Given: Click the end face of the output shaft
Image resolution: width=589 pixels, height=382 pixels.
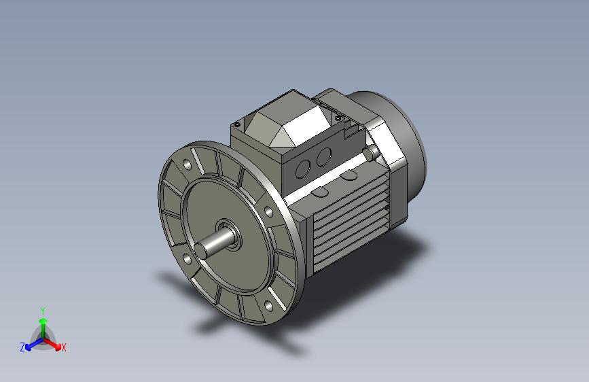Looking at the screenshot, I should [201, 251].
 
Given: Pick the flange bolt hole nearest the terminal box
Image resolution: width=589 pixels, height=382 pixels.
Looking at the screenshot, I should [270, 211].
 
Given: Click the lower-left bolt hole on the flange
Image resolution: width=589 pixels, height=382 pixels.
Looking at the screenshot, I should [186, 259].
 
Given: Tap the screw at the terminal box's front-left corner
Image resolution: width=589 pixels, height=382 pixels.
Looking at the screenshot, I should [237, 124].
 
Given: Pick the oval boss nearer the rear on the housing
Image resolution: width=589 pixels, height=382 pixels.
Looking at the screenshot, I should [349, 176].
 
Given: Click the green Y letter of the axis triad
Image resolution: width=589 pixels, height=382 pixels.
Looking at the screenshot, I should [43, 310].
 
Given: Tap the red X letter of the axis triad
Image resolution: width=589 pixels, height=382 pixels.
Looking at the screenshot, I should [64, 347].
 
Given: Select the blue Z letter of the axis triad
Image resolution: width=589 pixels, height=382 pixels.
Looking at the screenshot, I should [22, 347].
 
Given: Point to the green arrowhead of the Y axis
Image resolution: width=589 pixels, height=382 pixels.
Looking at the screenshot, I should [43, 320].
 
